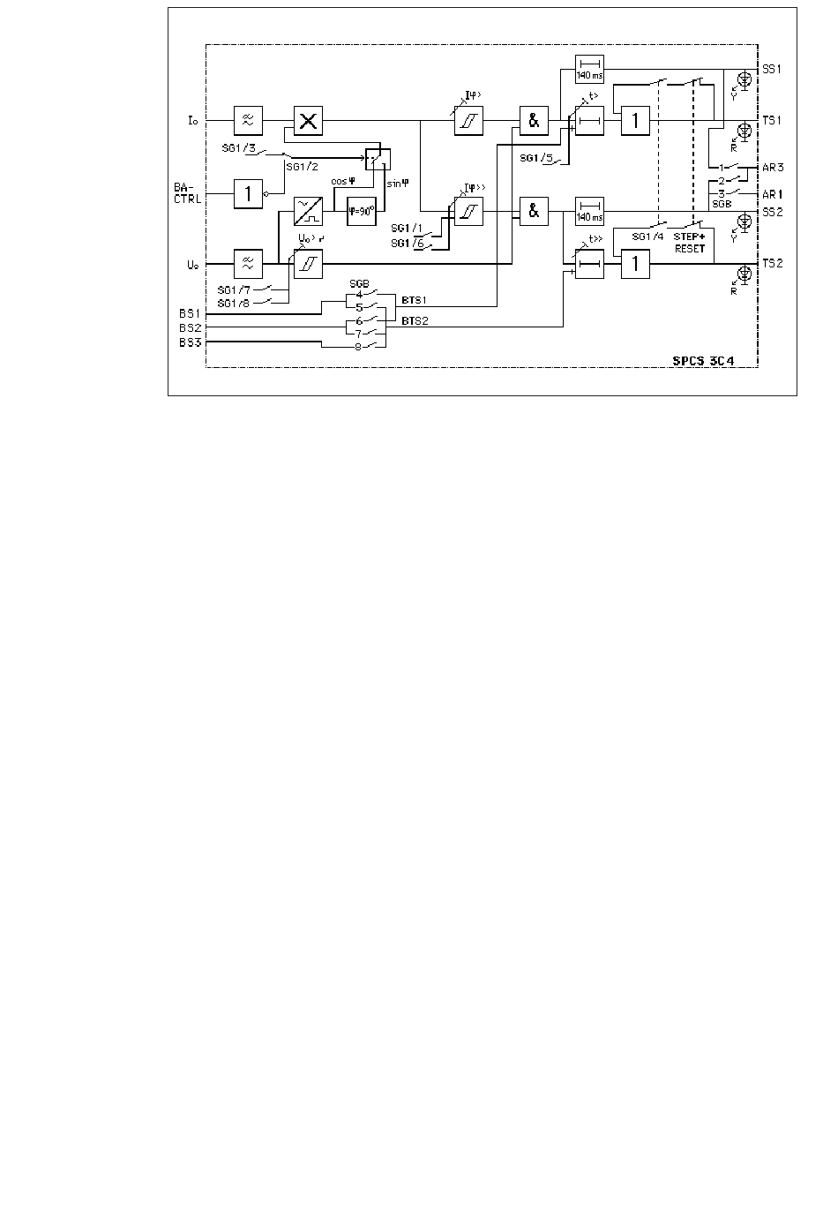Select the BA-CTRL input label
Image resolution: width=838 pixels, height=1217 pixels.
[x=188, y=192]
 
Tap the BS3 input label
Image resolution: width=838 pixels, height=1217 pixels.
[x=190, y=342]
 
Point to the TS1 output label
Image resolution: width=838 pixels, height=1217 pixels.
[x=773, y=120]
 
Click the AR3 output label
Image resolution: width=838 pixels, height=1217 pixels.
[x=773, y=167]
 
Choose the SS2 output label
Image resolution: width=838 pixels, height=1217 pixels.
[x=773, y=212]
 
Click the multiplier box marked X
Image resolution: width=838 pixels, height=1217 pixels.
[x=308, y=120]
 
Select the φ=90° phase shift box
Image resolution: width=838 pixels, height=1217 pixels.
[x=362, y=212]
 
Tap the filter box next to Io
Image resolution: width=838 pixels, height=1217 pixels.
[x=248, y=120]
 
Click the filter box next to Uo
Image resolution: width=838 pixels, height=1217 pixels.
[x=248, y=263]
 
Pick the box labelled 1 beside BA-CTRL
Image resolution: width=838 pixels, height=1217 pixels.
[x=248, y=193]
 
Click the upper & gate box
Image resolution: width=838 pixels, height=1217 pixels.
[x=534, y=120]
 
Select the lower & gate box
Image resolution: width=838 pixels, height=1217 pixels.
[x=534, y=212]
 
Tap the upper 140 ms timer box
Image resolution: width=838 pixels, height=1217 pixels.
[x=589, y=68]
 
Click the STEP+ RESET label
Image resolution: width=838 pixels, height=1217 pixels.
[x=690, y=243]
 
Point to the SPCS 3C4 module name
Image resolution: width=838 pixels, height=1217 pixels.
[x=710, y=361]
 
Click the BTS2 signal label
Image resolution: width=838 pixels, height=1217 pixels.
[x=415, y=322]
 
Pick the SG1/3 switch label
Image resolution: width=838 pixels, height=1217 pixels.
[x=238, y=148]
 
